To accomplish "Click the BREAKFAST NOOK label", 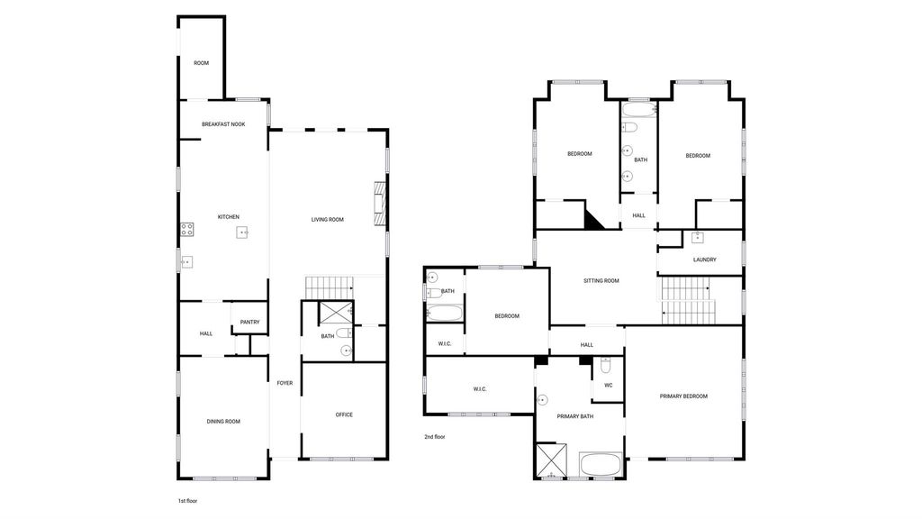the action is tap(223, 124).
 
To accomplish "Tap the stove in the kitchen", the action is tap(187, 230).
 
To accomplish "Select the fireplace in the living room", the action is tap(380, 204).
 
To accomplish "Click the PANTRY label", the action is tap(250, 322).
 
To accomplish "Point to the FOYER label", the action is tap(285, 383).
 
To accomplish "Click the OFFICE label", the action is tap(344, 414).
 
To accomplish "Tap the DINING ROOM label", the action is tap(223, 422).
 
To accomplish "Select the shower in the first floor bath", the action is tap(335, 313).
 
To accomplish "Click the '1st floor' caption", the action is tap(187, 501).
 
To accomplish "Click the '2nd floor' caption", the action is tap(435, 437).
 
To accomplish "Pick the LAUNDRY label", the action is tap(704, 259).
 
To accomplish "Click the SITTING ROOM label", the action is tap(601, 281).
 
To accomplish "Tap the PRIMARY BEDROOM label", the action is tap(683, 396).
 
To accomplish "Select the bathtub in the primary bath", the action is tap(601, 464).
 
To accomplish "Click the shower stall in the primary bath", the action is tap(552, 460).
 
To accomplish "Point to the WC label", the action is tap(609, 386).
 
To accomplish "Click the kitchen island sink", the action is tap(243, 232).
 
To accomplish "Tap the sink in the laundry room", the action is tap(698, 237).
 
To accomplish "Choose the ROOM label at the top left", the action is tap(201, 63).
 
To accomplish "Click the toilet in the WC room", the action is tap(606, 366).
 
